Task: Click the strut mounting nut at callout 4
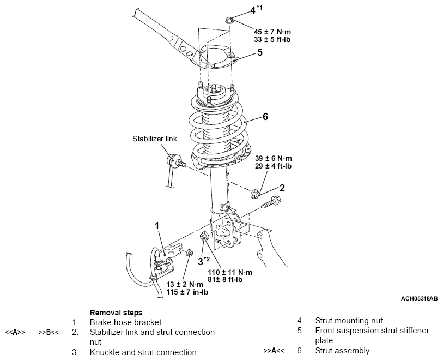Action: point(229,21)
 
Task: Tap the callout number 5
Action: point(259,52)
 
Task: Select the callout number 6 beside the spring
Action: point(265,117)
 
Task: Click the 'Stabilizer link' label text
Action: point(155,139)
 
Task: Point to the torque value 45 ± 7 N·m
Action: point(272,32)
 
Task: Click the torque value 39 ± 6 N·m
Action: point(274,158)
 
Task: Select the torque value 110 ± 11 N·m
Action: point(230,272)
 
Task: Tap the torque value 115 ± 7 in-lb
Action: point(187,292)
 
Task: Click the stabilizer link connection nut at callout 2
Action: point(255,193)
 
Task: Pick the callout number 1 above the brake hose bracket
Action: point(157,226)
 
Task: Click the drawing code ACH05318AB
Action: point(419,298)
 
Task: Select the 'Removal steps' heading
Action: point(116,313)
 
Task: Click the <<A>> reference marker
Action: point(15,332)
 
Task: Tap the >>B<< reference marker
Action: point(48,332)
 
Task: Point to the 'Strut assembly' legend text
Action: point(342,351)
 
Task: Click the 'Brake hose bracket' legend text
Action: point(125,322)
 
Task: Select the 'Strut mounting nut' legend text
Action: point(349,321)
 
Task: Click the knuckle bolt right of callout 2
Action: point(270,202)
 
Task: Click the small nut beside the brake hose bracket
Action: point(189,252)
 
